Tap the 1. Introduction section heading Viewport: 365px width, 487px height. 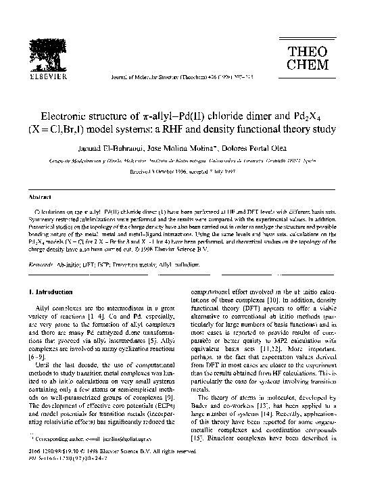(52, 292)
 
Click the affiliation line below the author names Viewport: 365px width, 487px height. (182, 161)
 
